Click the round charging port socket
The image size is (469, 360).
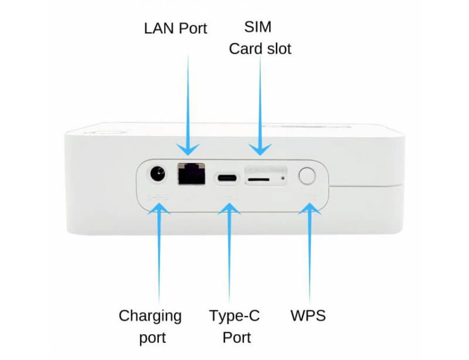pos(157,175)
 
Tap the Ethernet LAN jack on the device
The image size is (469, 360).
pos(191,174)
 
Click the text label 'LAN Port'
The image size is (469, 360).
pos(175,28)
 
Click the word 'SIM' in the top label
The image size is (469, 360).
pos(259,28)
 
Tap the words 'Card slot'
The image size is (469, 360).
pos(259,49)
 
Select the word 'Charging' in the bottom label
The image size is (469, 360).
pos(150,316)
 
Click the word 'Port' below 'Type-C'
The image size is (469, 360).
pos(237,338)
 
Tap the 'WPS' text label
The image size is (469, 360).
pos(308,316)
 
